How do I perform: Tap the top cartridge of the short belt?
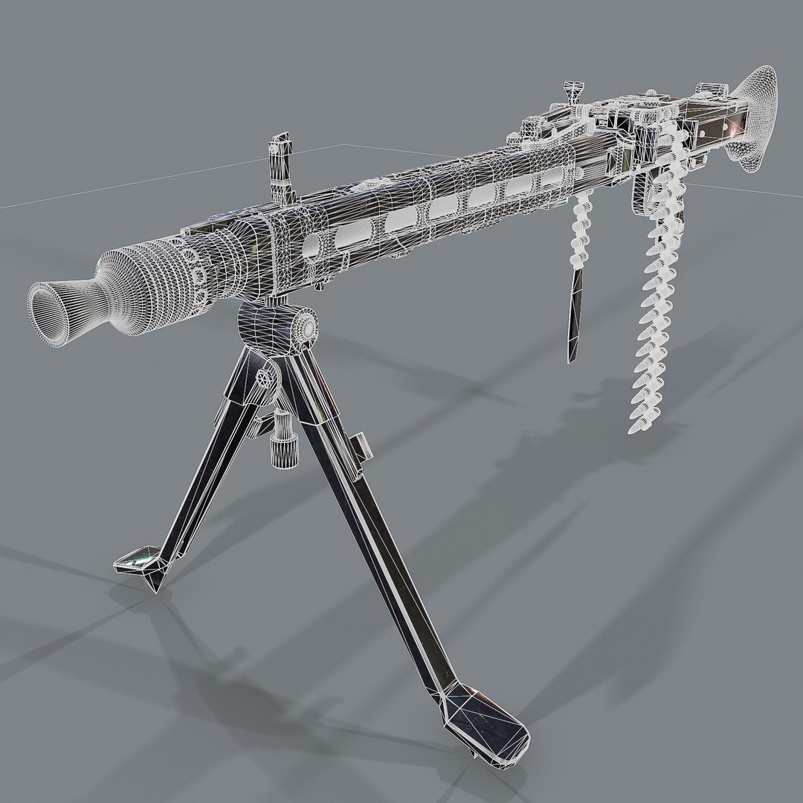click(x=584, y=205)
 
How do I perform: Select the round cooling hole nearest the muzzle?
click(x=309, y=248)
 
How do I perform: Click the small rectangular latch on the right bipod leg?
click(x=361, y=447)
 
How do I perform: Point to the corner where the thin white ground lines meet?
click(x=339, y=144)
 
